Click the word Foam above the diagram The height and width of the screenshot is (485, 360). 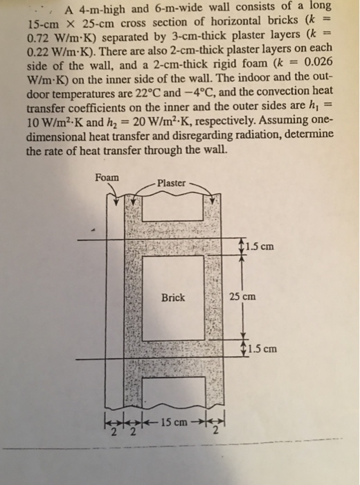107,177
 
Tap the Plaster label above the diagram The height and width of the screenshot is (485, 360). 171,183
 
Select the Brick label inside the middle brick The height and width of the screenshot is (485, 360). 173,297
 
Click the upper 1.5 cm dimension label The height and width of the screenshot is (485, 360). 262,245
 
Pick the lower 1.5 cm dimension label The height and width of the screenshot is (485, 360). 263,349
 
